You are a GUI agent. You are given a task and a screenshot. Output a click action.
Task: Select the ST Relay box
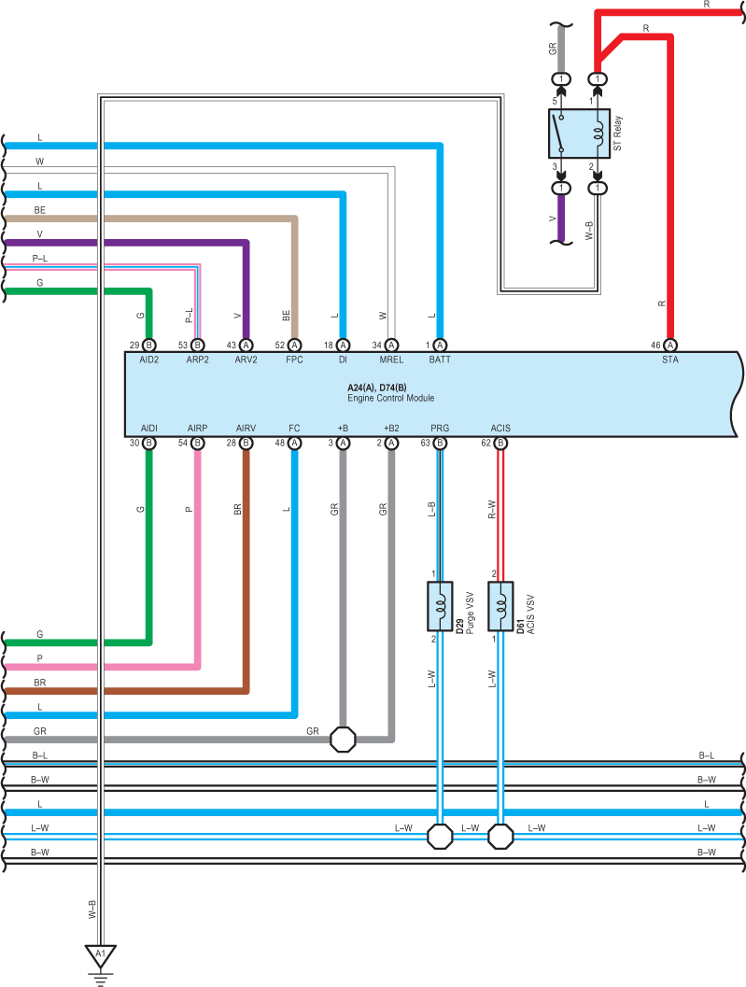(579, 134)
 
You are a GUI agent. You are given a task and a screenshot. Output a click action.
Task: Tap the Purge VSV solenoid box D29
(440, 606)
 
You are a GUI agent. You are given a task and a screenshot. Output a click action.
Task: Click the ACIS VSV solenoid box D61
(500, 606)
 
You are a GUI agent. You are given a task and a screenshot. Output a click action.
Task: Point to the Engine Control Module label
(391, 398)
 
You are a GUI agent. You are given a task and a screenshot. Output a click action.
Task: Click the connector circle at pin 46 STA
(670, 345)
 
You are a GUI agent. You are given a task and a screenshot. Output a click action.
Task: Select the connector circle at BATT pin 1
(440, 345)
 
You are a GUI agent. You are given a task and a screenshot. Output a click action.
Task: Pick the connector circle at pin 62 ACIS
(500, 444)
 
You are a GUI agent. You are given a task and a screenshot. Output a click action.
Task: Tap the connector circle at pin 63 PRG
(440, 444)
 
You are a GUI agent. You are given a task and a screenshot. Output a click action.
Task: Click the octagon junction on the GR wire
(343, 739)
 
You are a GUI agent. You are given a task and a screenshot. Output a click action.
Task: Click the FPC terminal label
(294, 360)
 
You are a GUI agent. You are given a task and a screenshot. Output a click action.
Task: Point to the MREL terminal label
(391, 360)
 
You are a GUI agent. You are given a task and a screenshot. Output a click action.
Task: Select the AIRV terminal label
(246, 428)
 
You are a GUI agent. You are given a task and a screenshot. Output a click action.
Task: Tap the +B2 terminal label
(391, 428)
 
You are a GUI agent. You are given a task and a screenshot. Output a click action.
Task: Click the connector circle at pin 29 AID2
(149, 345)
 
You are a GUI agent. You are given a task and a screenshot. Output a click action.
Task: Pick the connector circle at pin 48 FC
(295, 444)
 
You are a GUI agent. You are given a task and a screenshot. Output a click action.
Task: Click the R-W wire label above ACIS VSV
(492, 509)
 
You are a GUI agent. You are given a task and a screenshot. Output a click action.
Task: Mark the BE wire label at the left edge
(39, 210)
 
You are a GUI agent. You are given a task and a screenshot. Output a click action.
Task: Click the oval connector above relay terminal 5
(561, 79)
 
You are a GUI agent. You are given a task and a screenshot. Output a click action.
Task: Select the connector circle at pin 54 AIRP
(198, 444)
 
